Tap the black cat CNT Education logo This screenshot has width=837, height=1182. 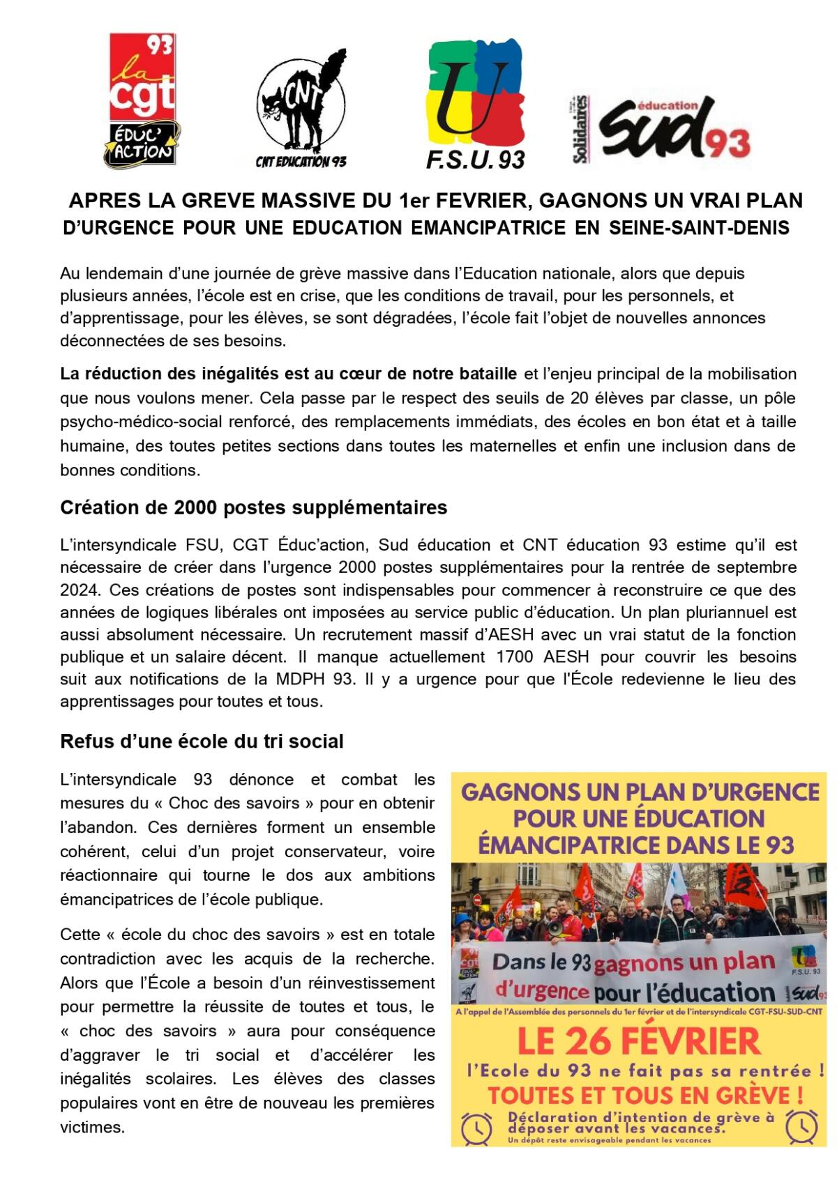(301, 105)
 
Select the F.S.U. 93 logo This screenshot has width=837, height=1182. (476, 103)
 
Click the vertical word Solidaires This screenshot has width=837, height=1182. (580, 130)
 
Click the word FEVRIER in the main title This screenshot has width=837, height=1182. (481, 201)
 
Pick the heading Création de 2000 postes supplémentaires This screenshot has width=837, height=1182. (254, 507)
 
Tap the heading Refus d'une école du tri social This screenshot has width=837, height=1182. (202, 741)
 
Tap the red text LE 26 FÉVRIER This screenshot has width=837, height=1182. (638, 1042)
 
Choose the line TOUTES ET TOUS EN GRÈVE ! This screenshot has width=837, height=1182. (640, 1096)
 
